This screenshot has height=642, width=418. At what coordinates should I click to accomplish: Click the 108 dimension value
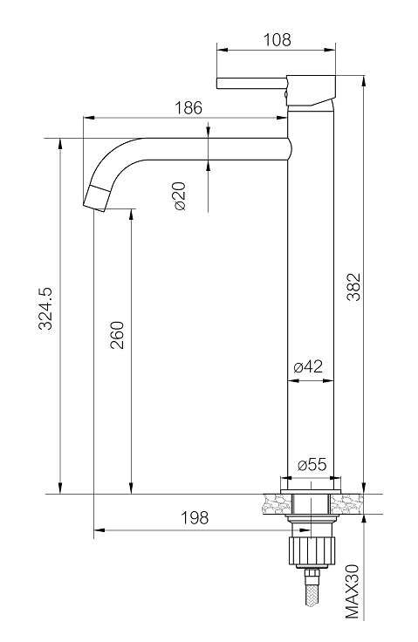(x=277, y=40)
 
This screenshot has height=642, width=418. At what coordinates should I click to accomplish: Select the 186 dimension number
(x=188, y=107)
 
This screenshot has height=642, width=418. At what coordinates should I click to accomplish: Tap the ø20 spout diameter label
(x=180, y=196)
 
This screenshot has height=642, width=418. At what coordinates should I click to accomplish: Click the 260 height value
(x=117, y=335)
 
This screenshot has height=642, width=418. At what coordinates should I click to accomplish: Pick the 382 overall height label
(x=353, y=287)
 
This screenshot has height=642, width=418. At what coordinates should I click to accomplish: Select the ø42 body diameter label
(x=308, y=366)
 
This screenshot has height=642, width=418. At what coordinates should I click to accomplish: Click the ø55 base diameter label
(x=312, y=465)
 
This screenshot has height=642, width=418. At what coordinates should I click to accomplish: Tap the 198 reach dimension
(x=195, y=517)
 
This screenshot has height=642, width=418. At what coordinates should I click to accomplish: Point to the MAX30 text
(x=352, y=591)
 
